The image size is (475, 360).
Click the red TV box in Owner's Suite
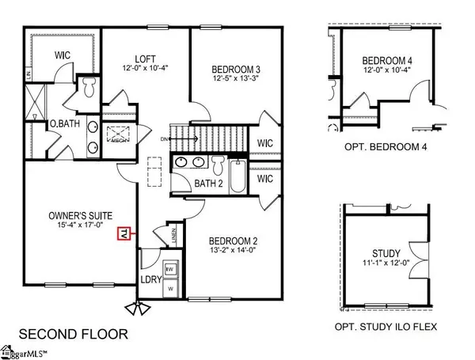123,233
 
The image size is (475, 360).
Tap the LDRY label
150,281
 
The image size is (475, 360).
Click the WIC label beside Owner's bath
64,56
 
